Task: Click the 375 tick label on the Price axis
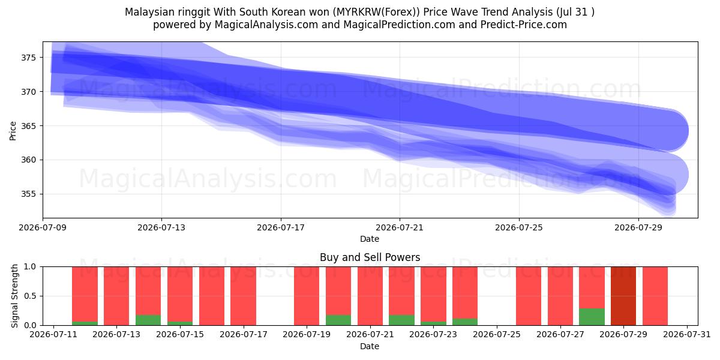(28, 58)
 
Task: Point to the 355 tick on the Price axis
(28, 194)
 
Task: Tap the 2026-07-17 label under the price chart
(281, 227)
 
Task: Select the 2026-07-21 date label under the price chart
(400, 227)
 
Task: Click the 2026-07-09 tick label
(43, 227)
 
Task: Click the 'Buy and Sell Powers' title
(370, 257)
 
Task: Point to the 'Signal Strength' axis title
(14, 296)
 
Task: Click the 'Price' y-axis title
(13, 131)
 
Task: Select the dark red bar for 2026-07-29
(623, 296)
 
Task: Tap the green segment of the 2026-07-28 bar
(592, 317)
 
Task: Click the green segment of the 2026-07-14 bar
(148, 320)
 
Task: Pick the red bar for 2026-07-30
(655, 296)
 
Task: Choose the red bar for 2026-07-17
(244, 296)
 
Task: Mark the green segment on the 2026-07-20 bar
(338, 320)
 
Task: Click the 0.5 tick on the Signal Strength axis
(30, 296)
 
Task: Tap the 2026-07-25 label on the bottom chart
(497, 335)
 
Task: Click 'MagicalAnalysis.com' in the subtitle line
(266, 25)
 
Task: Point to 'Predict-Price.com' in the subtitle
(524, 25)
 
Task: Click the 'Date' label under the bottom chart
(370, 346)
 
